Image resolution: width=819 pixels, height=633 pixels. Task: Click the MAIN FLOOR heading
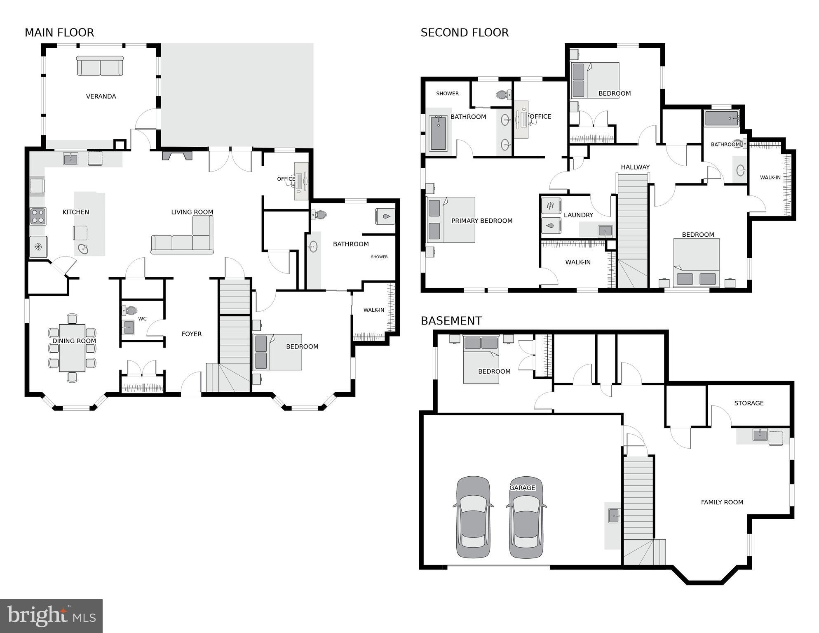click(59, 33)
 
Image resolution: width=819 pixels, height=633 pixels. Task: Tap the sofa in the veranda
click(100, 66)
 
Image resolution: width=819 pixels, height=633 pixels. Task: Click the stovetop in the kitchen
click(38, 216)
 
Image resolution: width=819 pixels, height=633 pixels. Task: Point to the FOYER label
click(192, 334)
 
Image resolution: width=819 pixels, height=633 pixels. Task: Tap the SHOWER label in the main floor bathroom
click(379, 257)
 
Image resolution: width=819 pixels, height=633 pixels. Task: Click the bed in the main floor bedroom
click(278, 352)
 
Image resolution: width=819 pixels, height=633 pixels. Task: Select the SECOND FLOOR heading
click(465, 33)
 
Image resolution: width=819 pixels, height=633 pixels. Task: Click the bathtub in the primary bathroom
click(438, 133)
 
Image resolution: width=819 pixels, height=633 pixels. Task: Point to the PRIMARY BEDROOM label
click(482, 221)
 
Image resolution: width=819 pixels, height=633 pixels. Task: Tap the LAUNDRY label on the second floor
click(578, 215)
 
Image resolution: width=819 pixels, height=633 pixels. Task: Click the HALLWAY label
click(635, 167)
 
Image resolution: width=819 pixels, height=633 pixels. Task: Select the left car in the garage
click(473, 517)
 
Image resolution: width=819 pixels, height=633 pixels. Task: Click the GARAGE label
click(522, 488)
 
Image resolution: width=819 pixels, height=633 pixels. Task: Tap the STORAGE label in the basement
click(749, 403)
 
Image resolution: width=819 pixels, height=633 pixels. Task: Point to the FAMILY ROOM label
click(722, 502)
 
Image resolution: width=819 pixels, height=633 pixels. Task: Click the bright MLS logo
click(51, 616)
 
